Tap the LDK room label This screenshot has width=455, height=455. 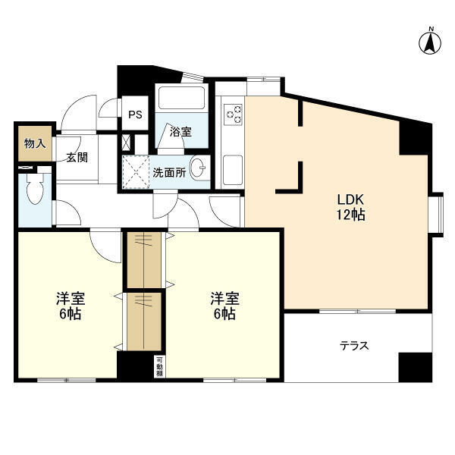click(x=350, y=199)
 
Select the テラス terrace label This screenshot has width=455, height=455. click(x=354, y=346)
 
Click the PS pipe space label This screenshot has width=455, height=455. click(x=135, y=115)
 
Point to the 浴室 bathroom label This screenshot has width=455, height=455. click(x=180, y=132)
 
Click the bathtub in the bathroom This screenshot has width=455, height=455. click(x=182, y=98)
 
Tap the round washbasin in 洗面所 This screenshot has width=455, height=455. click(x=198, y=168)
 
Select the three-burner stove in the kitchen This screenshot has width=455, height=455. click(x=233, y=115)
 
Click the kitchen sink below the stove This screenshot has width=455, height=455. click(x=233, y=170)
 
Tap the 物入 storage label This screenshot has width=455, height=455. click(x=35, y=143)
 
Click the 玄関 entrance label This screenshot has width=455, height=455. click(x=77, y=157)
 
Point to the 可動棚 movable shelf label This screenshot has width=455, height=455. click(x=159, y=367)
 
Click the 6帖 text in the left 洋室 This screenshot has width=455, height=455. click(x=71, y=314)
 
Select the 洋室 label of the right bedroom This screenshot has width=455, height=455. click(x=225, y=299)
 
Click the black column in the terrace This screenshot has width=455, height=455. click(x=416, y=367)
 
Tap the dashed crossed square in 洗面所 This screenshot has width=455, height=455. click(x=136, y=172)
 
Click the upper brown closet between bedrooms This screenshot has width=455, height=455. click(x=144, y=259)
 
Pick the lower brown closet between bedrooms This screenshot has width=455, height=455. click(x=144, y=322)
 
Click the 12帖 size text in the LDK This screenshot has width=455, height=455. click(x=350, y=215)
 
